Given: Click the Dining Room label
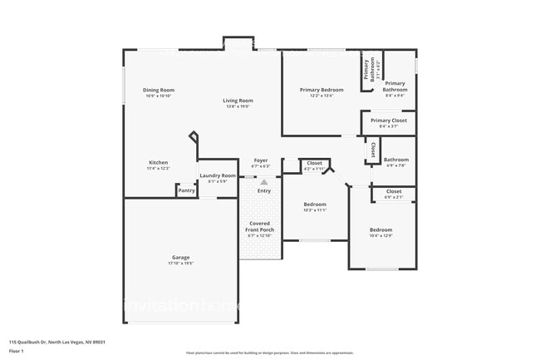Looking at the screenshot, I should (158, 90).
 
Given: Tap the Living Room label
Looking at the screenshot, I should (237, 101).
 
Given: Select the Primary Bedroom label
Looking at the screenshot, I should (322, 89).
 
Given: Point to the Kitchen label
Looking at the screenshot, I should (158, 162).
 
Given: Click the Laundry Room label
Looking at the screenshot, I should (217, 175).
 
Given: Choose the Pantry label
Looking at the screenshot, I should (186, 190).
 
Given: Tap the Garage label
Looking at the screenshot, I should (181, 257).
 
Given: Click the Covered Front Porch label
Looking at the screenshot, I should (261, 226).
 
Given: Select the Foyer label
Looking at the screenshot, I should (260, 160).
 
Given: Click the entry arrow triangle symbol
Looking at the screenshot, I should (264, 181).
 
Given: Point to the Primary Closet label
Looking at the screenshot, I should (388, 121).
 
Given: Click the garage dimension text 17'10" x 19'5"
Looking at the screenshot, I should (181, 264).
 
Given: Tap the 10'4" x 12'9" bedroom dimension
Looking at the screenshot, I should (380, 236).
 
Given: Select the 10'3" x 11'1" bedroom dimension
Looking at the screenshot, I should (315, 210).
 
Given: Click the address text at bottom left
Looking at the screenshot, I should (57, 341).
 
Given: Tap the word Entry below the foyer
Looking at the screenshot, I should (264, 191).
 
